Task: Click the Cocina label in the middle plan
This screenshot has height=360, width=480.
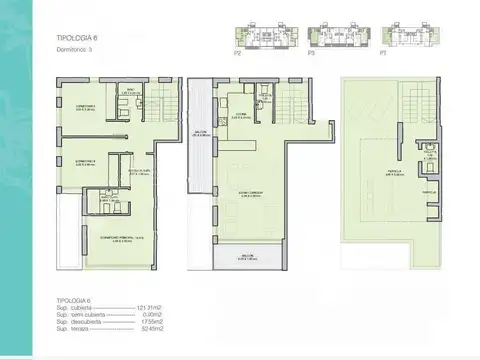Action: tap(241, 115)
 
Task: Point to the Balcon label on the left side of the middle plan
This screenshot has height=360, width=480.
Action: tap(200, 135)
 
